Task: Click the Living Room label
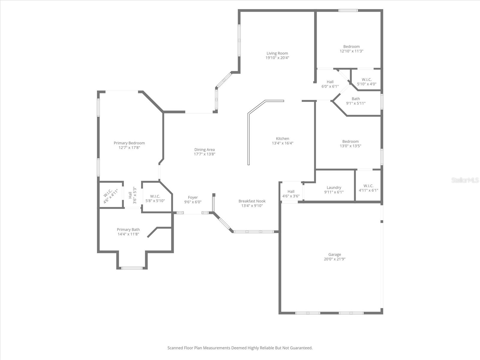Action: point(277,53)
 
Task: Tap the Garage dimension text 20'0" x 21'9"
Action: point(334,259)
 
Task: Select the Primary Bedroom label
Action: point(129,143)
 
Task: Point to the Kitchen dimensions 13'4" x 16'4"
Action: point(283,143)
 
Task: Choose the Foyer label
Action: point(193,197)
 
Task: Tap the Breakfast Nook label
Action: point(252,201)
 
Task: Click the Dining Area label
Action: point(205,150)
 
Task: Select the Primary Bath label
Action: point(128,229)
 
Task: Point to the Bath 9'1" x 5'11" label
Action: point(356,101)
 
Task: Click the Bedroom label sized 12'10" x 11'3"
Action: point(351,49)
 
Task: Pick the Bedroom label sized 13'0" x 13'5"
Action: point(350,144)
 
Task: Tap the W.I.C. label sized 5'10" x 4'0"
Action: point(367,82)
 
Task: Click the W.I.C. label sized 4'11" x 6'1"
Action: point(368,188)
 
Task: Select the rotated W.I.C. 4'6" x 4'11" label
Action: point(110,196)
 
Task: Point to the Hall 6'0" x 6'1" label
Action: point(330,84)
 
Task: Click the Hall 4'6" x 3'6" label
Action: point(291,194)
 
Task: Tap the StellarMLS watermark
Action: point(465,180)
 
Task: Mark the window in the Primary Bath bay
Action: point(132,268)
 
